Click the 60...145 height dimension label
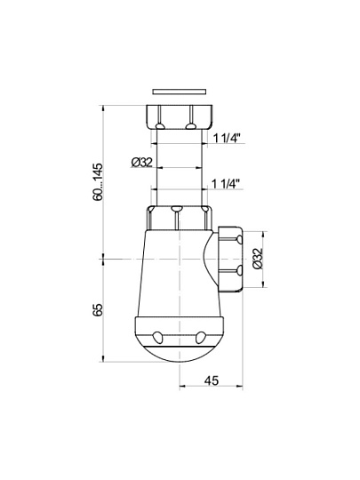coord(99,182)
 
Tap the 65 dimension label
coord(98,310)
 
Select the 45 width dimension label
coord(212,380)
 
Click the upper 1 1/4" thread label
coord(226,139)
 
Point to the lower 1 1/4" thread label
coord(226,184)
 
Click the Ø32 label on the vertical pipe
coord(141,163)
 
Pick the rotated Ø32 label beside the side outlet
coord(258,259)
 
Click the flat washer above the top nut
coord(179,92)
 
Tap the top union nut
coord(180,117)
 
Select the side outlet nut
coord(230,259)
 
